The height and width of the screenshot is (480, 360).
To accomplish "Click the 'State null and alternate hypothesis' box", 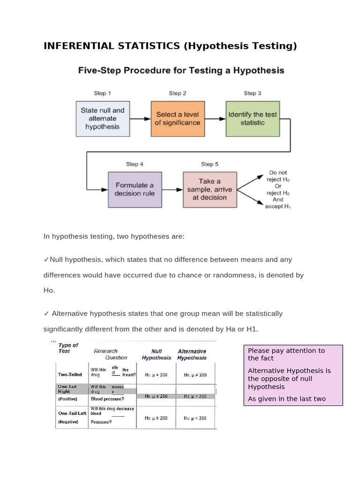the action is tap(103, 119).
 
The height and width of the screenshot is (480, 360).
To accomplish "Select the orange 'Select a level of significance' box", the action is tap(178, 119).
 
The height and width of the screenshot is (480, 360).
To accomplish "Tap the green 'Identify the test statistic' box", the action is tap(253, 119).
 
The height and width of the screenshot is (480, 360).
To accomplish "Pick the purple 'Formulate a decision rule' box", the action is tap(135, 189).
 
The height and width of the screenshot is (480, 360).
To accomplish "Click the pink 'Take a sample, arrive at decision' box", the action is tap(210, 189).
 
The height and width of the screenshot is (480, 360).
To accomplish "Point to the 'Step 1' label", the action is tap(103, 93).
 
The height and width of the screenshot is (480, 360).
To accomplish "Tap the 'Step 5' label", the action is tap(210, 164).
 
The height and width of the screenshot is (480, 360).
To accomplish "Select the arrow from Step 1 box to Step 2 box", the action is tap(140, 119).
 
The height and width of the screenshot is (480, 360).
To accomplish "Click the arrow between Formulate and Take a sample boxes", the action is tap(172, 190).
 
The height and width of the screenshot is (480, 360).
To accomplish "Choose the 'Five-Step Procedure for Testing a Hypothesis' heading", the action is tap(181, 71).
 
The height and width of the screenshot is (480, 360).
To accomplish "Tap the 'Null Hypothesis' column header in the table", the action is tap(157, 354).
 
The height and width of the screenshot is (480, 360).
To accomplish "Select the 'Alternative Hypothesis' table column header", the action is tap(192, 354).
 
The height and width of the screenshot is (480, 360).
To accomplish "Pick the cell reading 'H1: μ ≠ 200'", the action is tap(195, 375).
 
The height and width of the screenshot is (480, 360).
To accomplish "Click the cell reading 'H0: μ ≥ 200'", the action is tap(156, 418).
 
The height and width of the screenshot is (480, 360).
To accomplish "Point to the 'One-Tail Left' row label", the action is tap(72, 413).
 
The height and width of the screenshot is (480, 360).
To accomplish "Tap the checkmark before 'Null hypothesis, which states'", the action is tap(46, 260).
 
